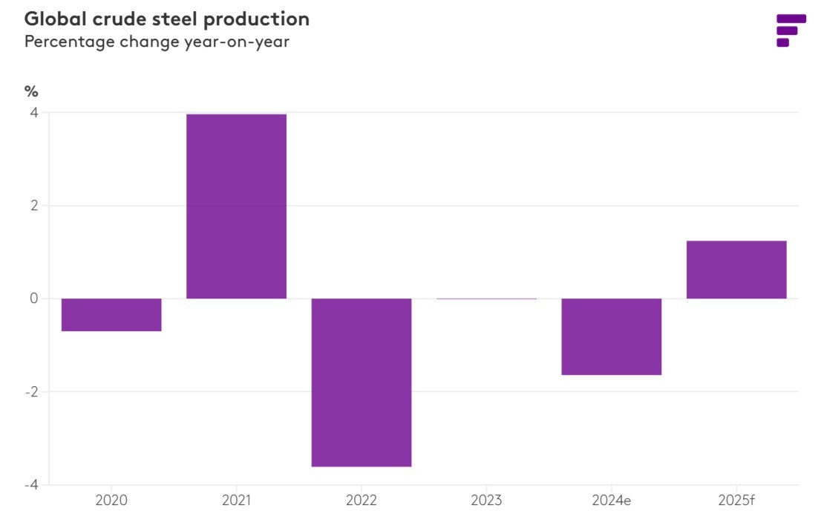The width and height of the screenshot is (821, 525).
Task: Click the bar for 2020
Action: [x=111, y=315]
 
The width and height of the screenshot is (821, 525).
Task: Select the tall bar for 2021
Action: [x=237, y=206]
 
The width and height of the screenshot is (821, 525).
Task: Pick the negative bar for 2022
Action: [x=362, y=382]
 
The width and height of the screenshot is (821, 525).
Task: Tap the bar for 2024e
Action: [x=612, y=337]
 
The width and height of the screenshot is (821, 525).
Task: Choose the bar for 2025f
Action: [x=736, y=270]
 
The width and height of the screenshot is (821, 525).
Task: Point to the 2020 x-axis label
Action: [x=111, y=500]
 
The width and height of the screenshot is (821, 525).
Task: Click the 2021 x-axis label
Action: [x=236, y=500]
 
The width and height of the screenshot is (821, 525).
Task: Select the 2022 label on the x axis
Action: [x=362, y=500]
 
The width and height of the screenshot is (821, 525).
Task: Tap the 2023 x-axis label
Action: [x=486, y=500]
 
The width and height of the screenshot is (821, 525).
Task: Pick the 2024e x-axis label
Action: [x=612, y=500]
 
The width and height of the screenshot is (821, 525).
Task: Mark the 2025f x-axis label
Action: [x=736, y=500]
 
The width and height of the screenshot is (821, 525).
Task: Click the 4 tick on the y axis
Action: [x=34, y=113]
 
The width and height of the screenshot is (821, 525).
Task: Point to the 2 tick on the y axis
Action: [x=34, y=206]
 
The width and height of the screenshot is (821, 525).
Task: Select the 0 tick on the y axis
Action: [x=34, y=299]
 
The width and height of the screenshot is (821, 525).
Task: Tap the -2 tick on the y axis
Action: [x=31, y=392]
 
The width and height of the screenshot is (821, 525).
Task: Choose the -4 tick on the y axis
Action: [x=31, y=485]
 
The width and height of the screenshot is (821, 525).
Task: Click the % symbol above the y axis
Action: [x=31, y=91]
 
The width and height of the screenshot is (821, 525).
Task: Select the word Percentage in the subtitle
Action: [x=69, y=42]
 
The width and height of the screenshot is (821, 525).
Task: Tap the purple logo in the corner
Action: [x=791, y=30]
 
